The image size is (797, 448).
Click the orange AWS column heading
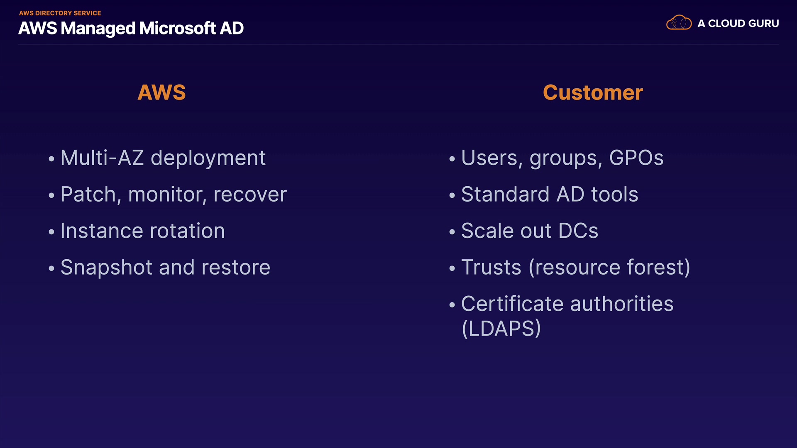point(161,92)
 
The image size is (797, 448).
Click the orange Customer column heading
point(593,92)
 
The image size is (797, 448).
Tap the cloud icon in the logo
point(679,22)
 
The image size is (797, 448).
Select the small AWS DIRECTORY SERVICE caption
point(60,13)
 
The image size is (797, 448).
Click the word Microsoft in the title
point(177,28)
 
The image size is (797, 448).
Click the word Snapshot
point(107,268)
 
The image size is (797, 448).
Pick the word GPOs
point(636,158)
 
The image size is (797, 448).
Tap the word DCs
point(578,231)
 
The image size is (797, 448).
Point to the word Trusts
point(491,267)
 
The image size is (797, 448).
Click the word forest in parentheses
point(659,267)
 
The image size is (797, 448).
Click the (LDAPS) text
point(501,329)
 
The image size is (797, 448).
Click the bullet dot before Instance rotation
point(51,232)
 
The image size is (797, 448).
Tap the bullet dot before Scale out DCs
point(452,232)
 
